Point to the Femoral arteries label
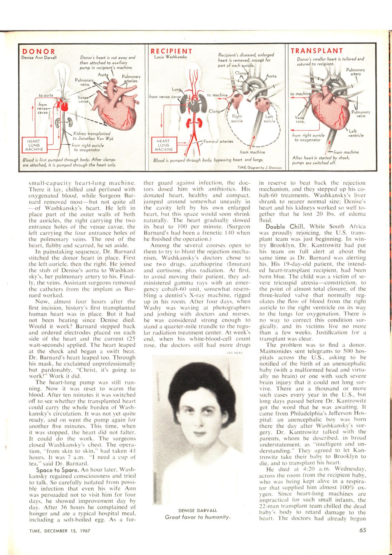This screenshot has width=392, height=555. click(x=218, y=141)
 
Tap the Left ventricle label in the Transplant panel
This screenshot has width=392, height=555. click(x=356, y=133)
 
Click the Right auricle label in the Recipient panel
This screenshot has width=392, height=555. click(x=237, y=119)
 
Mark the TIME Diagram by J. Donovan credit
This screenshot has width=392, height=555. click(x=260, y=167)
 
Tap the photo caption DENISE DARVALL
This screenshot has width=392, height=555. click(x=198, y=510)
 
